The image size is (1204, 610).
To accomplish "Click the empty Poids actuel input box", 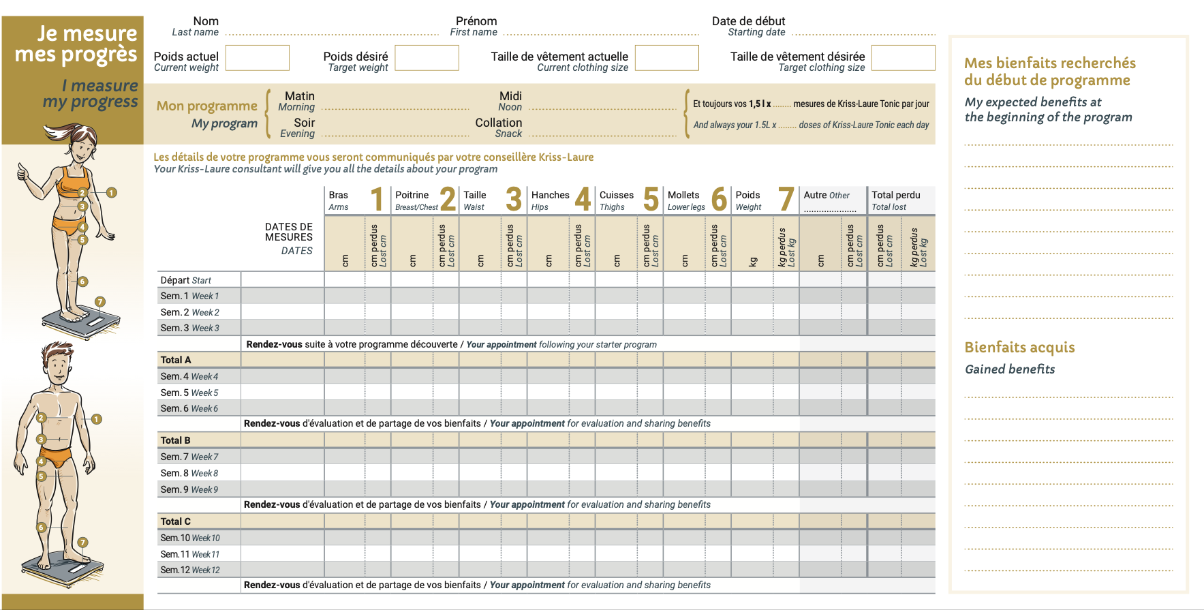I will coord(257,58).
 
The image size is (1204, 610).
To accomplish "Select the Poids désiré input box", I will coord(427,58).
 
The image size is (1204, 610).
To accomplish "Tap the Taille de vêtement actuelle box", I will coord(666,58).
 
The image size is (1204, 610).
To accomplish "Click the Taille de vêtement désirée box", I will coord(903,58).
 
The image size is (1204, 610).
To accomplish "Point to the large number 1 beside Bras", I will coord(377,200).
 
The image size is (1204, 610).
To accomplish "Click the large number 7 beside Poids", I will coord(786,200).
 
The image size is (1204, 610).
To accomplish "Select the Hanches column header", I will coord(550,200).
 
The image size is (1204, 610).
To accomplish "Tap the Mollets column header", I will coord(685,200).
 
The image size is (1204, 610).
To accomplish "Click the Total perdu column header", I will coord(895,200).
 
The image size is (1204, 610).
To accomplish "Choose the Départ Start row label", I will coord(185,280).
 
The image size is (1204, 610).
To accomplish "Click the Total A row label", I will coord(176,360).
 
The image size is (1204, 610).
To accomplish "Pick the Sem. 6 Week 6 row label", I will coord(189,408).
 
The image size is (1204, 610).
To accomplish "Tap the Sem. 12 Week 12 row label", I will coord(190,570).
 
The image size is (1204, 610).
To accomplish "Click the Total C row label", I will coord(175,521).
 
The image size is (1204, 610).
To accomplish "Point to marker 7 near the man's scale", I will coord(82,543).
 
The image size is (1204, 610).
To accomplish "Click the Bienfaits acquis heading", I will coord(1019,348).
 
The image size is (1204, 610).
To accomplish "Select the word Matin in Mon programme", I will coord(300,96).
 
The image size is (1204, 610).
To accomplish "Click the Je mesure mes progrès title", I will coord(76,44).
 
